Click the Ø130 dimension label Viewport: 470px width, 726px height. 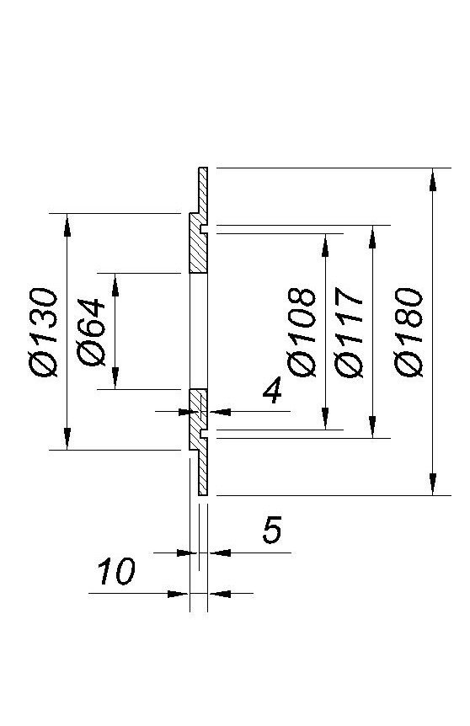[44, 332]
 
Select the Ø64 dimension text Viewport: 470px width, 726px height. [91, 332]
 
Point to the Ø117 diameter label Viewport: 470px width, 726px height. [348, 332]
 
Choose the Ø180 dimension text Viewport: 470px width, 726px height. [409, 332]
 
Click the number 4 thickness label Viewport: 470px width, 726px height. [272, 389]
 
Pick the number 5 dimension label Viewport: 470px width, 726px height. [272, 530]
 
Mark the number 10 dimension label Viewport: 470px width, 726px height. [115, 571]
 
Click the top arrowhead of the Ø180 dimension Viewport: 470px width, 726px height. [432, 179]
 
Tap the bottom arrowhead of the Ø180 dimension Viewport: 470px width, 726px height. [432, 483]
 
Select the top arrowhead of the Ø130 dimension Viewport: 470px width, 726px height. [67, 225]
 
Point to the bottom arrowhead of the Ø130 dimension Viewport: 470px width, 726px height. [67, 438]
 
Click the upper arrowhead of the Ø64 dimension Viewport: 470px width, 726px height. [115, 285]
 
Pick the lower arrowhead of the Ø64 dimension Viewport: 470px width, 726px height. [115, 378]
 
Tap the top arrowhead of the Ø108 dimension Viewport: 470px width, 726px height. [325, 245]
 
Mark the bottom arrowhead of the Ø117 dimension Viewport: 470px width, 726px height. [372, 426]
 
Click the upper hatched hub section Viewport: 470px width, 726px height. [198, 243]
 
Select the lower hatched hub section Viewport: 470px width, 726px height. [198, 420]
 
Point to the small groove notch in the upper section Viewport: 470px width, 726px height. [204, 229]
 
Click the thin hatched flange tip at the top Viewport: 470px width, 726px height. [203, 188]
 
